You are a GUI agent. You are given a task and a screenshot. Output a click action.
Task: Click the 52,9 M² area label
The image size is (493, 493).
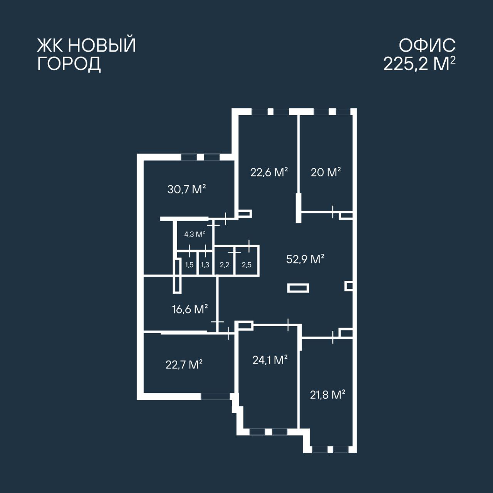pos(305,259)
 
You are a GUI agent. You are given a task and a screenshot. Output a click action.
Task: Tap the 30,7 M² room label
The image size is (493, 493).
pos(186,189)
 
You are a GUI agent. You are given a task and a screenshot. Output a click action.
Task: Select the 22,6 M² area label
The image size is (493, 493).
pos(269,172)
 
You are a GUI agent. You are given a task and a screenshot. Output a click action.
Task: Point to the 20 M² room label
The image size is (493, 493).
pos(326,172)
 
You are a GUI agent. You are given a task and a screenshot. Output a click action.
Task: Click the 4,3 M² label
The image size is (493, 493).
pos(195,234)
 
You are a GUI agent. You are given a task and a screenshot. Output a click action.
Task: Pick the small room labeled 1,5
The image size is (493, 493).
pos(189,265)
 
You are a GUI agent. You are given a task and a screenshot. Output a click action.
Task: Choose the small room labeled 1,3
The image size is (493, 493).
pos(205,265)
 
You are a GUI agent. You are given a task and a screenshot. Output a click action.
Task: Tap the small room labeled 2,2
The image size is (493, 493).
pos(225,265)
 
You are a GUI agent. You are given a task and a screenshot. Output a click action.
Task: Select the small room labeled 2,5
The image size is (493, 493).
pos(246,265)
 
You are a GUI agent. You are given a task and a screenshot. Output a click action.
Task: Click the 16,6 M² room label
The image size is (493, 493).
pos(190,309)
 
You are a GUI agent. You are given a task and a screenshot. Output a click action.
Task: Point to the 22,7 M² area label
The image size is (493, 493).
pos(184,365)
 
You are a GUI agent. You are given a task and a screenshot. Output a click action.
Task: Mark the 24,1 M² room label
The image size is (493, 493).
pos(270,360)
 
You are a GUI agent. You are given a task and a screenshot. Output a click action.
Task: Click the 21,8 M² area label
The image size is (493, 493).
pos(327,395)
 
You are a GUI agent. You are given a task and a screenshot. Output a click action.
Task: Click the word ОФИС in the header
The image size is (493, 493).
pos(427,45)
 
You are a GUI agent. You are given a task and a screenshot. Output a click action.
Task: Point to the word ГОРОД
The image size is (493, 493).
pos(69,64)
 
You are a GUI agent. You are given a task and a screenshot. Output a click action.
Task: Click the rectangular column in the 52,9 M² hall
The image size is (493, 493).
pos(298,288)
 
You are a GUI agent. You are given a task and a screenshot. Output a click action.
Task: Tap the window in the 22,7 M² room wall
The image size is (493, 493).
pos(215,396)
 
